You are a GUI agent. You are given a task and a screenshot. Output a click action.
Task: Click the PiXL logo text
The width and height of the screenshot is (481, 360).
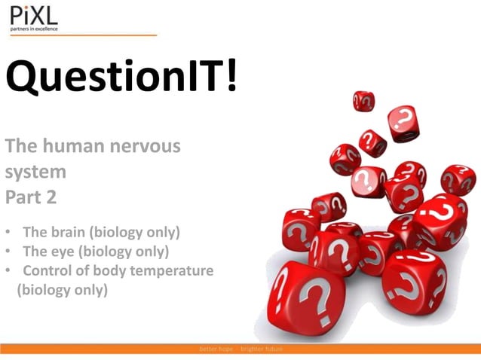pyautogui.click(x=33, y=15)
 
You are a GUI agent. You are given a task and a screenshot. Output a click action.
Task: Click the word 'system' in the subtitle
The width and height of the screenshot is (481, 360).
pyautogui.click(x=35, y=172)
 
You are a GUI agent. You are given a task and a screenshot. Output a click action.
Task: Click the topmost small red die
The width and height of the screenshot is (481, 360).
pyautogui.click(x=363, y=99)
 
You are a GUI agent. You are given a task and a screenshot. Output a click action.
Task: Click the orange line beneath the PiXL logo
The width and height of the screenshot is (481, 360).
pyautogui.click(x=83, y=35)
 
